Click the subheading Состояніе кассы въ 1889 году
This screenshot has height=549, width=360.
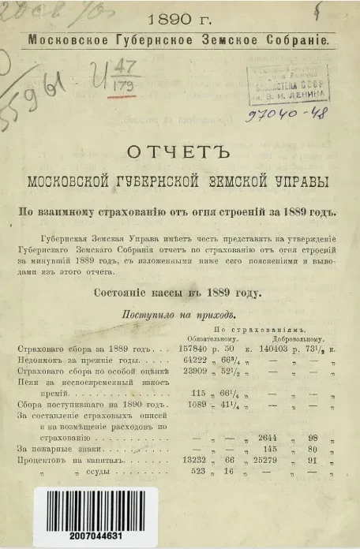click(181, 293)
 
